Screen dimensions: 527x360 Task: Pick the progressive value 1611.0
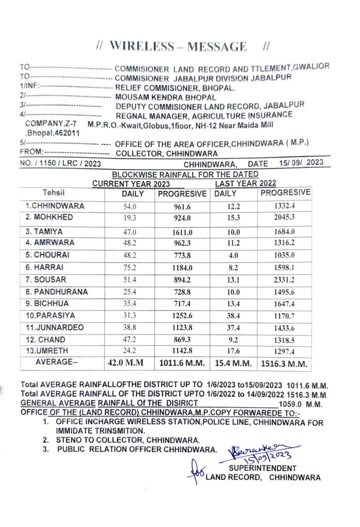[182, 232]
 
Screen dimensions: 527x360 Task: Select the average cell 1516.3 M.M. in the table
[285, 363]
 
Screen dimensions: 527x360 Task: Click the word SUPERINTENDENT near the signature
[263, 468]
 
